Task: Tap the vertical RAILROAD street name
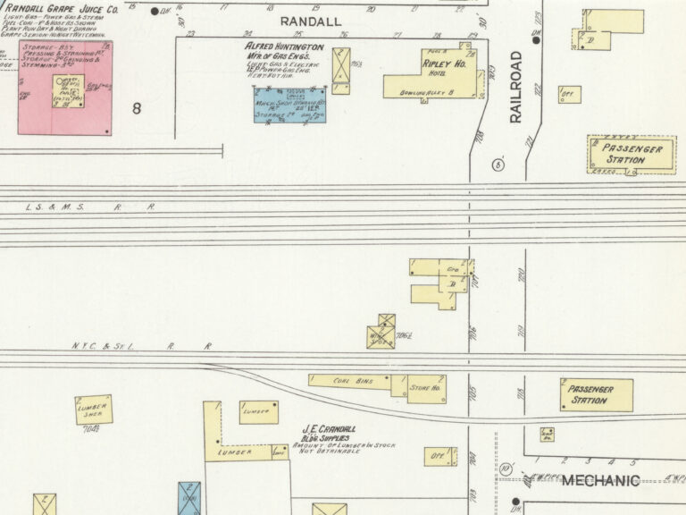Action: point(515,87)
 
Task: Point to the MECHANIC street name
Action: point(600,481)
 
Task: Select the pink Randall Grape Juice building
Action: point(65,98)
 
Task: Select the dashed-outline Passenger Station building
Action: point(632,154)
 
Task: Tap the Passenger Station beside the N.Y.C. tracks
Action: point(597,395)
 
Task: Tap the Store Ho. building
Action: point(427,389)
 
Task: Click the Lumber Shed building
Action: point(94,409)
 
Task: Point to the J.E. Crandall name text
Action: point(330,427)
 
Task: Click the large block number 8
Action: point(137,108)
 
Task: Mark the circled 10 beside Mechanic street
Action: point(505,469)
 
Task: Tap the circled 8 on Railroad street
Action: point(498,165)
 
